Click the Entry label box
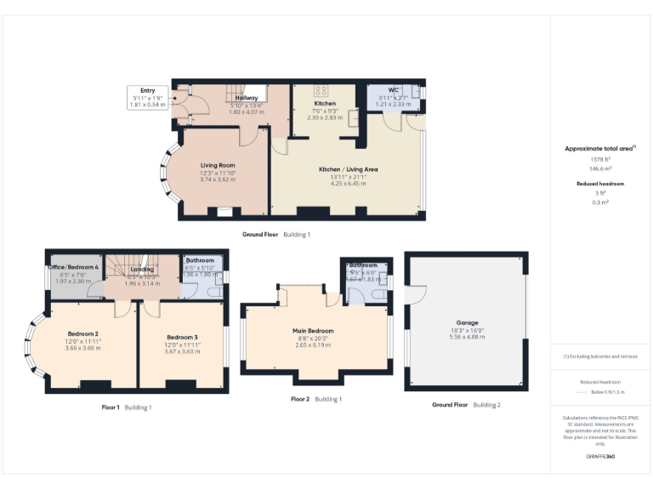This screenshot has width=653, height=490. (x=146, y=97)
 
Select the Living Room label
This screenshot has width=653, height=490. (x=218, y=165)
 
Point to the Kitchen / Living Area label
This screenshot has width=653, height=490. (x=348, y=169)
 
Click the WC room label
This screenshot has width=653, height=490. (x=393, y=90)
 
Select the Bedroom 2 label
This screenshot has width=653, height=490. (x=84, y=333)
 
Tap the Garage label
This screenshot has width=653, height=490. (x=467, y=323)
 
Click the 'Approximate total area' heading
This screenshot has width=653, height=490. (x=600, y=149)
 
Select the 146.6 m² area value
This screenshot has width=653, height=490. (x=600, y=169)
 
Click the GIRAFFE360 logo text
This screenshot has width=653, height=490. (x=600, y=457)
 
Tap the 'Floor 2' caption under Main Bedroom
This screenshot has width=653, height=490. (x=300, y=399)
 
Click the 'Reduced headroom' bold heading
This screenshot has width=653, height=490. (x=600, y=184)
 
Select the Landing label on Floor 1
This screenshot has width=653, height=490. (x=142, y=270)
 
